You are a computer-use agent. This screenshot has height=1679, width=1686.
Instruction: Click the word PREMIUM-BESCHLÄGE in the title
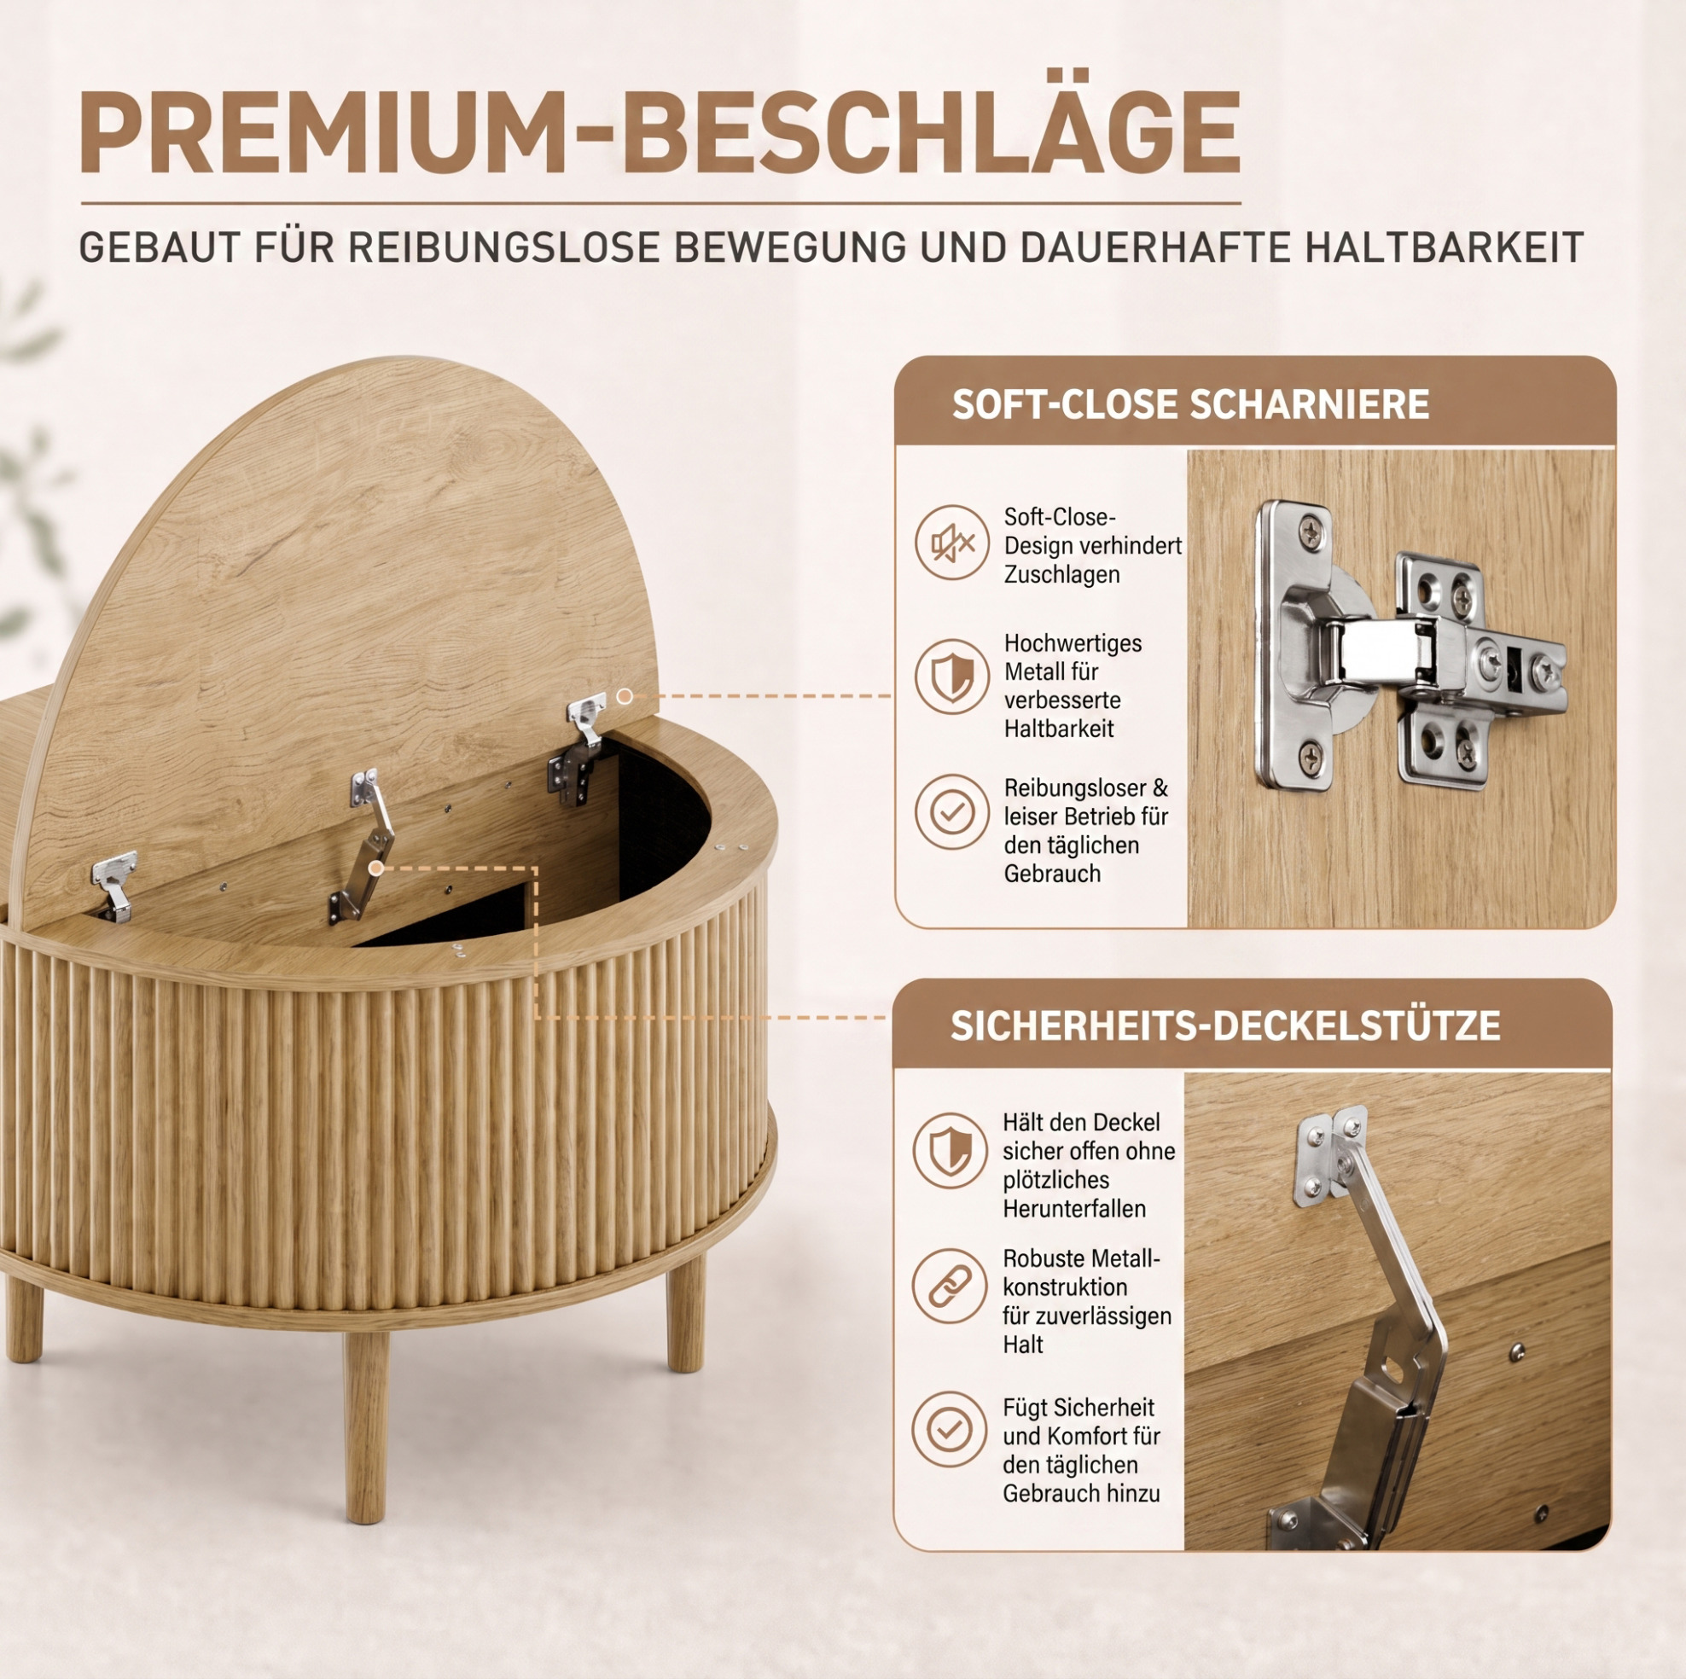(x=660, y=133)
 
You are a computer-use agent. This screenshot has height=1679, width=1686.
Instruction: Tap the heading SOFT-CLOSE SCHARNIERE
(x=1190, y=405)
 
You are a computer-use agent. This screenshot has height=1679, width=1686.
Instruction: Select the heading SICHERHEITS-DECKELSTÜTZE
(x=1225, y=1025)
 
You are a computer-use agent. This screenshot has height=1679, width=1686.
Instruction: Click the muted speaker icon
(x=952, y=543)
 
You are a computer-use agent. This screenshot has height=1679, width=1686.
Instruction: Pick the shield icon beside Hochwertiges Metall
(x=952, y=677)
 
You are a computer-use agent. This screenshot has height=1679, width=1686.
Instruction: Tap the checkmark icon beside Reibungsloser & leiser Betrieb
(x=952, y=812)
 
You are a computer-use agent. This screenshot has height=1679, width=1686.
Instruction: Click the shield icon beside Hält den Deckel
(x=951, y=1151)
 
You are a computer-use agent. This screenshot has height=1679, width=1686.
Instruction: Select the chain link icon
(x=951, y=1287)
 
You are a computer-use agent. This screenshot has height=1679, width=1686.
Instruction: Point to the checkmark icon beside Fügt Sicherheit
(x=951, y=1429)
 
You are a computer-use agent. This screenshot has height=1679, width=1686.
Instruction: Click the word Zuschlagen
(x=1061, y=575)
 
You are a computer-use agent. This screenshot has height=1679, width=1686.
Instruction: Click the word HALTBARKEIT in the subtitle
(x=1445, y=247)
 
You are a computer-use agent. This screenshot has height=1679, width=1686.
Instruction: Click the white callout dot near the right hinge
(x=625, y=696)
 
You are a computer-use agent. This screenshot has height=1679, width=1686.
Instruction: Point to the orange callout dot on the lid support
(x=376, y=868)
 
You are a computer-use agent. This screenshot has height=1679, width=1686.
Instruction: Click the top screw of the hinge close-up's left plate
(x=1311, y=532)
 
